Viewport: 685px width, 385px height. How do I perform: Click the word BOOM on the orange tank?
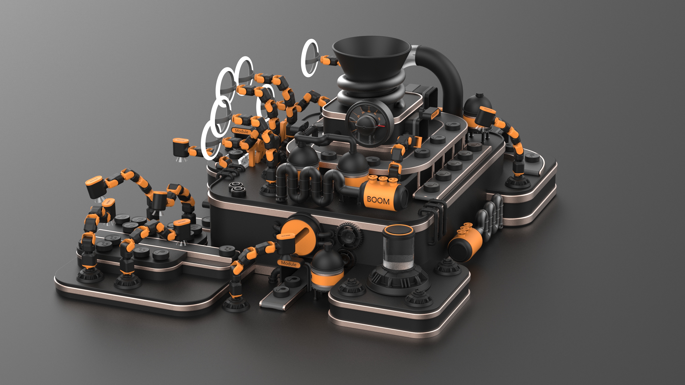point(378,200)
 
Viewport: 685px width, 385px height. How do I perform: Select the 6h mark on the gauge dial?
point(379,119)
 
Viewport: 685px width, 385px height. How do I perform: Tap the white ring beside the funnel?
point(310,58)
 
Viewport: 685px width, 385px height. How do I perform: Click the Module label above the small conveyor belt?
point(289,264)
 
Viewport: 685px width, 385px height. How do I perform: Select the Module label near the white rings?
point(241,131)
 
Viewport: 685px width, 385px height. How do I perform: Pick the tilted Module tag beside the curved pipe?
point(435,114)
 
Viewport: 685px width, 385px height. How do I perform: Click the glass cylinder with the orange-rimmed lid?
point(398,248)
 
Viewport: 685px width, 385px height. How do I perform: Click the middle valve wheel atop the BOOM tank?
point(382,179)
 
